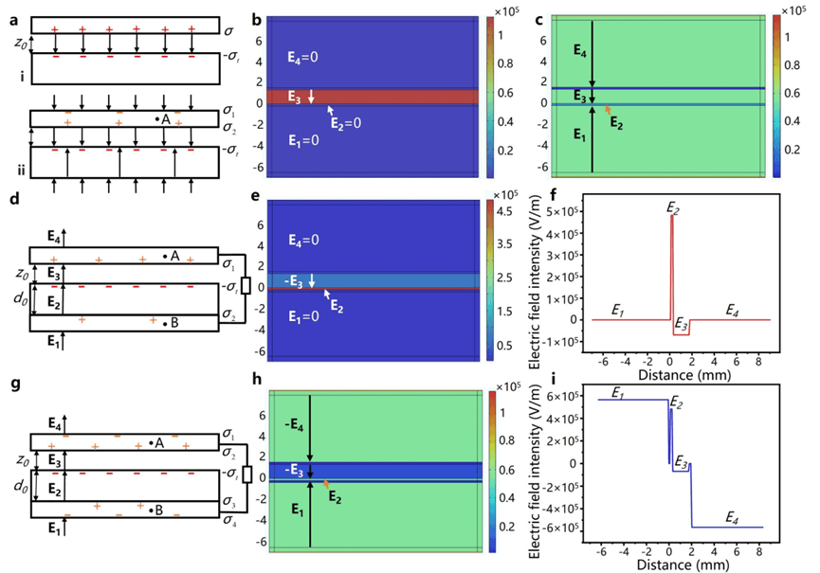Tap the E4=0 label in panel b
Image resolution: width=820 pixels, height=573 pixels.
tap(306, 57)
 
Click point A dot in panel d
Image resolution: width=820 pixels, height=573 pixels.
tap(165, 256)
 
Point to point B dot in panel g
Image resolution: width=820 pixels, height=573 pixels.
tap(152, 510)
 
